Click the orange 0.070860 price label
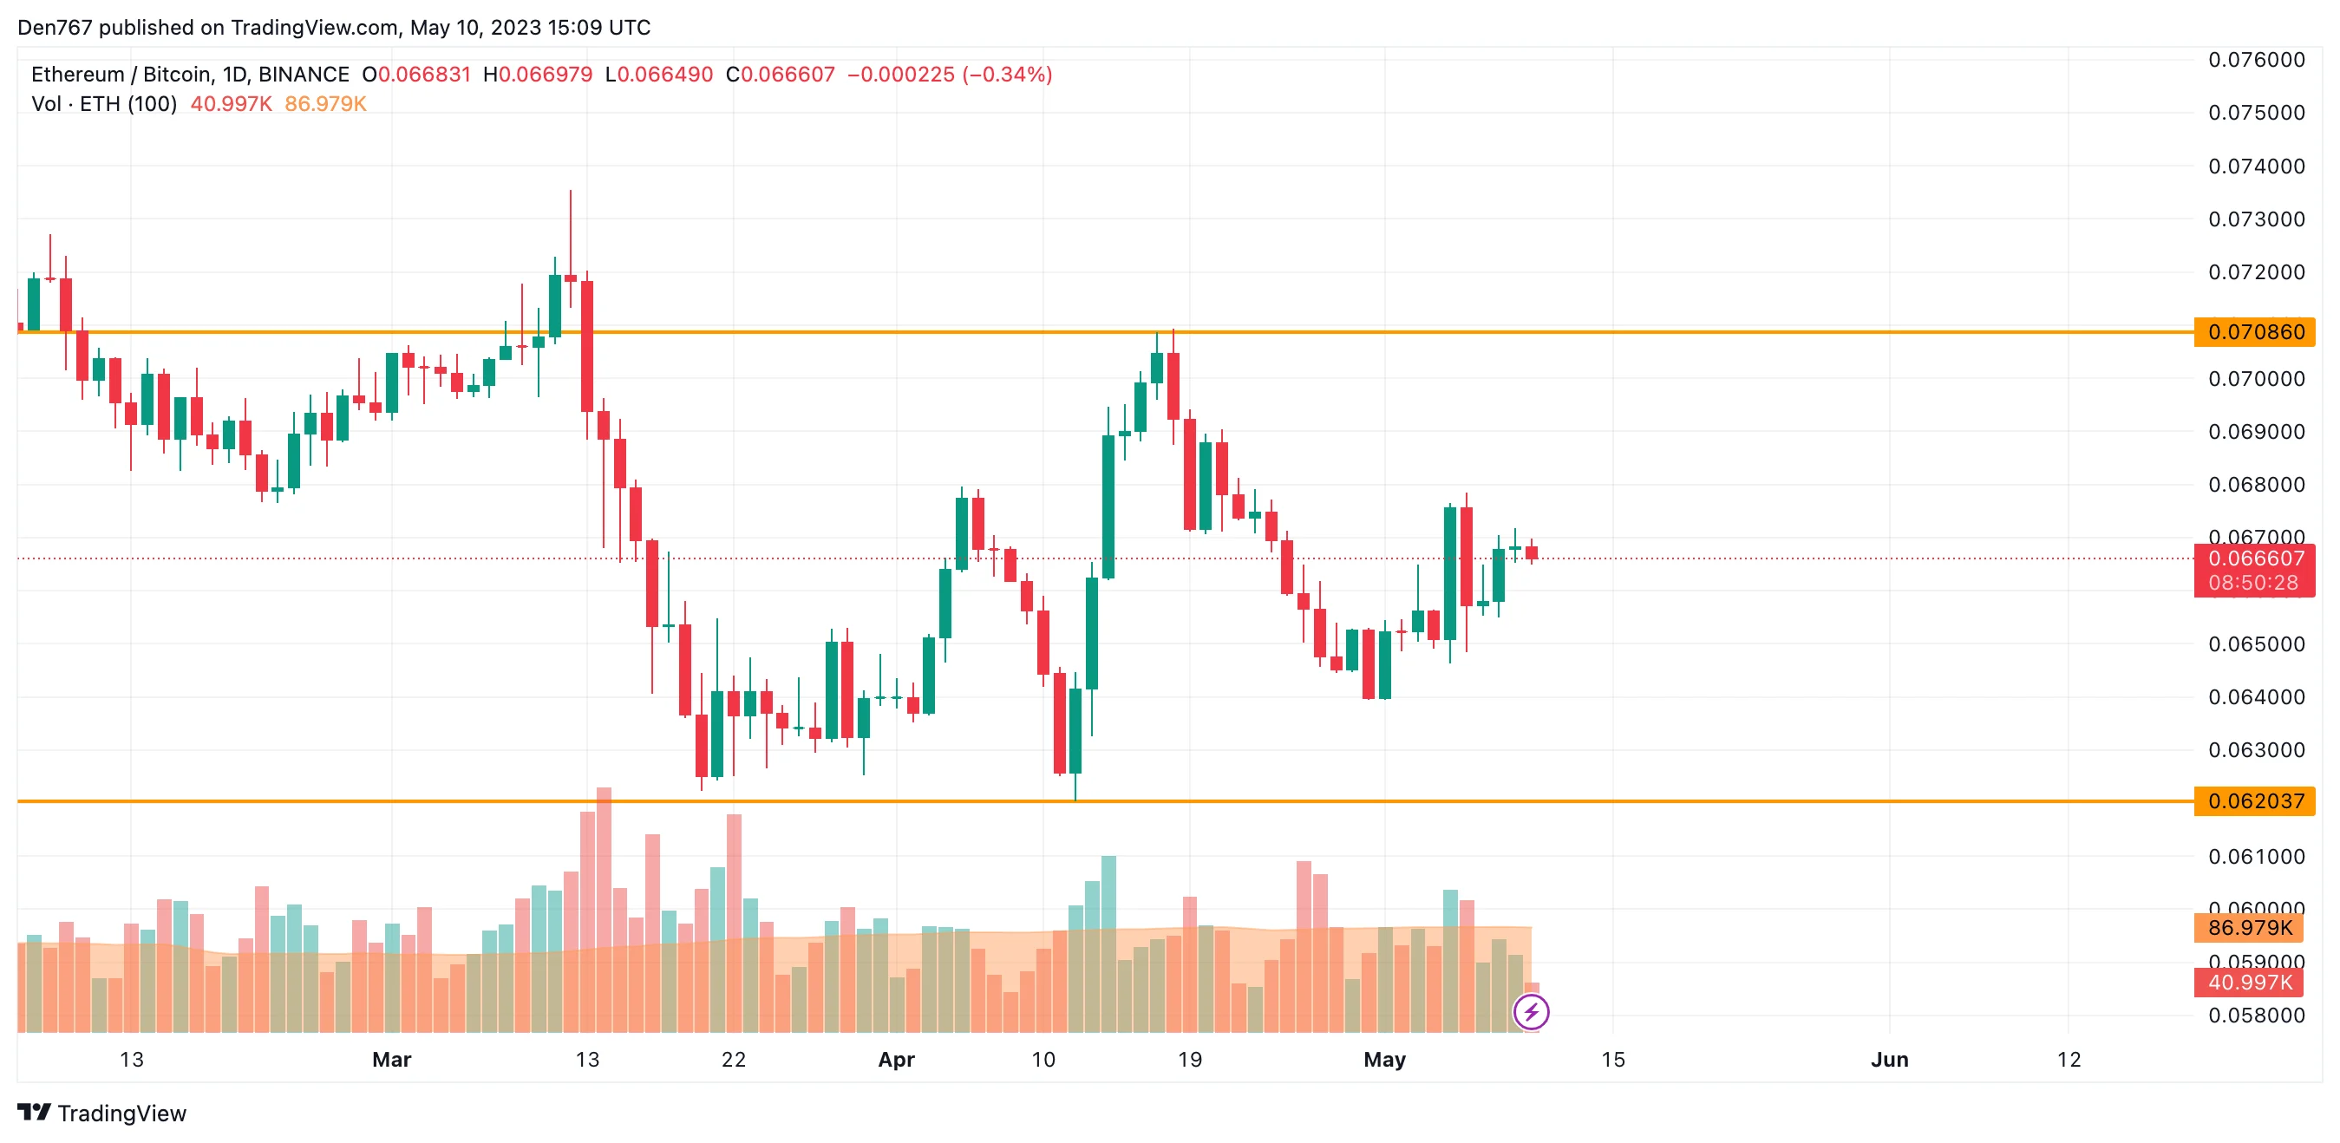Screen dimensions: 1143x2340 [x=2255, y=332]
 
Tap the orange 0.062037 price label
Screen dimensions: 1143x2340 [x=2255, y=801]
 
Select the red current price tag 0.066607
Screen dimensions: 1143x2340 [x=2255, y=558]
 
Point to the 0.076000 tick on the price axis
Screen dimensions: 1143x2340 [x=2257, y=60]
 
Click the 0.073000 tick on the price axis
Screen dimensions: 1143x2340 [x=2257, y=219]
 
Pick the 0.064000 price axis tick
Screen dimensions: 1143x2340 [x=2257, y=697]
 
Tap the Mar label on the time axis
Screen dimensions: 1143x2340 [x=391, y=1060]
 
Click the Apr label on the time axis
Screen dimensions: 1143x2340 [x=896, y=1060]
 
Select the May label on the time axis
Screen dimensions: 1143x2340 [x=1384, y=1060]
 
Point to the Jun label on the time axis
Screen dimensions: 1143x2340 [x=1890, y=1060]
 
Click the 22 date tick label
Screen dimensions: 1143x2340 [x=733, y=1060]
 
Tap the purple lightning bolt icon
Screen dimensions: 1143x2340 [x=1532, y=1012]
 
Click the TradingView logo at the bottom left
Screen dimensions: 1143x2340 [x=101, y=1113]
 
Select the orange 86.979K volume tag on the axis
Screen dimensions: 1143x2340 [x=2250, y=928]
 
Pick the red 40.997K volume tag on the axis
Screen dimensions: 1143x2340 [x=2250, y=983]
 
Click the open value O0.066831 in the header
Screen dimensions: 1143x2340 [x=416, y=75]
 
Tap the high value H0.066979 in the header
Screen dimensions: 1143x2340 [x=538, y=75]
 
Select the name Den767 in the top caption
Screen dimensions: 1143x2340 [x=55, y=27]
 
